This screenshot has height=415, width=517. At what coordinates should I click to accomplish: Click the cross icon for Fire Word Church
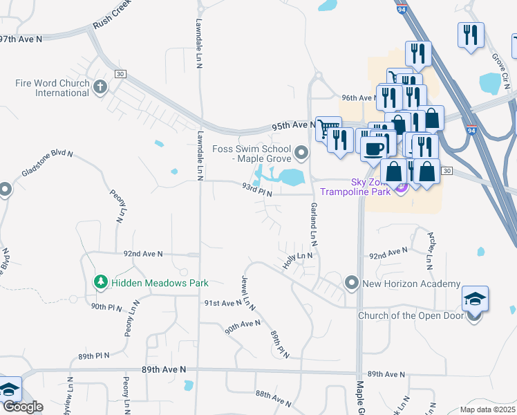(x=100, y=87)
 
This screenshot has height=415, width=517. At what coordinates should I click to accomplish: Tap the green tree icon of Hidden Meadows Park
(x=101, y=282)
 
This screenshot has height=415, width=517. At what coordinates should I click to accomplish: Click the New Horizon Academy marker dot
(x=352, y=283)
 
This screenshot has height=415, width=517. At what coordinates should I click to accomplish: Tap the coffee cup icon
(x=374, y=148)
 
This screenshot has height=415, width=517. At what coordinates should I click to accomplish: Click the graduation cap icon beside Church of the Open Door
(x=475, y=299)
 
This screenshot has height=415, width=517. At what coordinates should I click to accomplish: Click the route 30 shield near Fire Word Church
(x=120, y=74)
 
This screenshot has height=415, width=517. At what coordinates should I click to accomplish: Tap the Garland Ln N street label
(x=313, y=226)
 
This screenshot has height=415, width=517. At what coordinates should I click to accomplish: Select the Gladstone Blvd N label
(x=47, y=163)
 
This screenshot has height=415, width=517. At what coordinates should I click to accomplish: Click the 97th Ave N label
(x=21, y=39)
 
